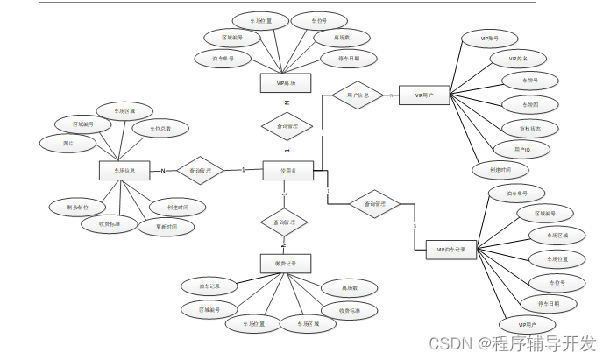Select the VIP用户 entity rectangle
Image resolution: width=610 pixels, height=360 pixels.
(x=424, y=95)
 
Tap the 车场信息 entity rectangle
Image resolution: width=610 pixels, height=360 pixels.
(x=124, y=170)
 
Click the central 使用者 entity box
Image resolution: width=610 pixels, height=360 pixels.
(x=287, y=170)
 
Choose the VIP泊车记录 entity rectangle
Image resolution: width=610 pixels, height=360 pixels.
(x=450, y=250)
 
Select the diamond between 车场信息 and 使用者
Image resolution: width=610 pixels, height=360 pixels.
(x=200, y=170)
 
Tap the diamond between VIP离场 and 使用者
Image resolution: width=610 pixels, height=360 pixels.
(x=287, y=126)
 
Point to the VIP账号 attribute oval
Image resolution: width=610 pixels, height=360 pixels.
(x=490, y=39)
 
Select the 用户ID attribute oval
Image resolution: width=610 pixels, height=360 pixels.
(x=521, y=150)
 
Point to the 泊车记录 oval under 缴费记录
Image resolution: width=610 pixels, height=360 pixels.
(x=209, y=286)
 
